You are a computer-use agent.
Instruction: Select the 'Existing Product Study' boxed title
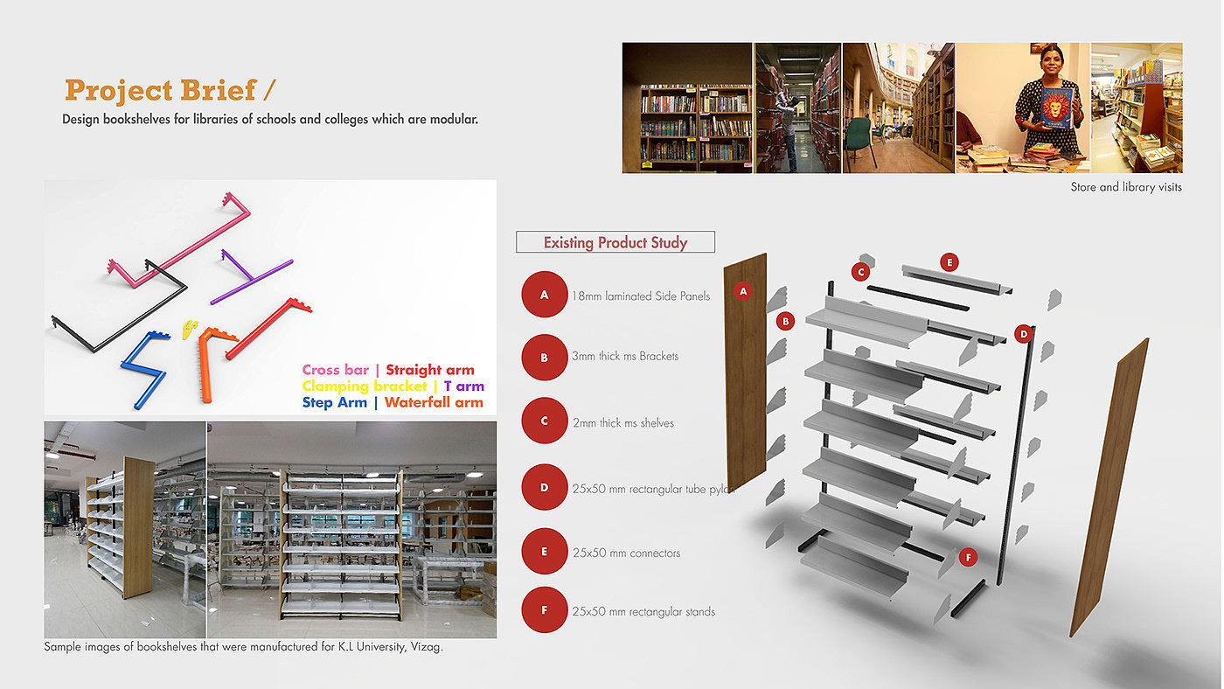pyautogui.click(x=615, y=242)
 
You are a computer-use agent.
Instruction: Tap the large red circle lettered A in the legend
pyautogui.click(x=544, y=296)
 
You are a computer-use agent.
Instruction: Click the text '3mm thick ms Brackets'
pyautogui.click(x=625, y=357)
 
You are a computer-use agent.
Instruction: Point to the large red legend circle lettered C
pyautogui.click(x=544, y=421)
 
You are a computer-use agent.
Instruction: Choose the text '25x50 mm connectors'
pyautogui.click(x=626, y=553)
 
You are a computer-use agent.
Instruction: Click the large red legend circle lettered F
pyautogui.click(x=544, y=610)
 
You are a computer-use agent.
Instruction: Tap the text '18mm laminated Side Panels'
pyautogui.click(x=641, y=296)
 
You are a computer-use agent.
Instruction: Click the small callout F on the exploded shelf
pyautogui.click(x=967, y=557)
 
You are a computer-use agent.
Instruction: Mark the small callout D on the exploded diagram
pyautogui.click(x=1023, y=333)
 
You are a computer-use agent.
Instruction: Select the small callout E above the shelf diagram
pyautogui.click(x=949, y=262)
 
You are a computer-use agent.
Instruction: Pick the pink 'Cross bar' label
pyautogui.click(x=335, y=371)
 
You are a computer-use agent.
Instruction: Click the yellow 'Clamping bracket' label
pyautogui.click(x=364, y=386)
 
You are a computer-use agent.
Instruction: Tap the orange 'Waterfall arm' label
pyautogui.click(x=434, y=403)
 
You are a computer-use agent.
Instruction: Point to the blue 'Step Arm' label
pyautogui.click(x=334, y=403)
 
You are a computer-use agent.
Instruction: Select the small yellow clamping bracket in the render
pyautogui.click(x=187, y=329)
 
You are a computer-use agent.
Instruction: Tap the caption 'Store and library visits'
pyautogui.click(x=1125, y=187)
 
